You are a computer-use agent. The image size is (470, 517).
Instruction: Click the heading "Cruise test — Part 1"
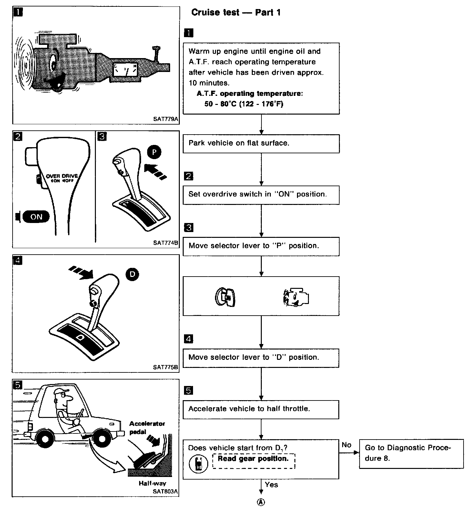(236, 13)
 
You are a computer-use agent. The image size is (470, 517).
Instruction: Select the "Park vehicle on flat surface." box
(261, 143)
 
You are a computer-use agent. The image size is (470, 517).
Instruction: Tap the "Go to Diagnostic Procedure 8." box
(411, 453)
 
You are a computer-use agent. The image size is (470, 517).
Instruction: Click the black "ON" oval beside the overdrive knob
(36, 217)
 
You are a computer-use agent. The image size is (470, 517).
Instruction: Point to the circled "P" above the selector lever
(154, 152)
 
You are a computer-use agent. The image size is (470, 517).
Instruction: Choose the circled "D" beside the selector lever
(132, 274)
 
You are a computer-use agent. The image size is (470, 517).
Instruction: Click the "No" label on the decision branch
(346, 445)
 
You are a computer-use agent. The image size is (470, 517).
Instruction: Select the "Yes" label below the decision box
(271, 484)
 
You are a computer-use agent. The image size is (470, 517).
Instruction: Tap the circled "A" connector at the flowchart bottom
(261, 502)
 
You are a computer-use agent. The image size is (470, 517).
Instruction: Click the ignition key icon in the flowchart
(226, 297)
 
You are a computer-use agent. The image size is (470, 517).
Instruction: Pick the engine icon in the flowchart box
(296, 297)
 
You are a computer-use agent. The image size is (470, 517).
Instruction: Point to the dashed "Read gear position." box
(254, 461)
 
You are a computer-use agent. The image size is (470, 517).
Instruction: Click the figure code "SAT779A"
(166, 119)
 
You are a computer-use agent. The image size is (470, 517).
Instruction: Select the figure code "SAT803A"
(166, 491)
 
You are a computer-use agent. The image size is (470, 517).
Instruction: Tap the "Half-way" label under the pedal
(152, 483)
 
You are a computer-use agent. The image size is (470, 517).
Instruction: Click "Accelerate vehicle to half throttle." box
(261, 409)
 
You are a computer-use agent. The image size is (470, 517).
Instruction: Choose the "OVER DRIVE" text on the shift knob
(62, 176)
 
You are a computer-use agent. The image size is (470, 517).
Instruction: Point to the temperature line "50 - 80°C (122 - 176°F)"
(244, 104)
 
